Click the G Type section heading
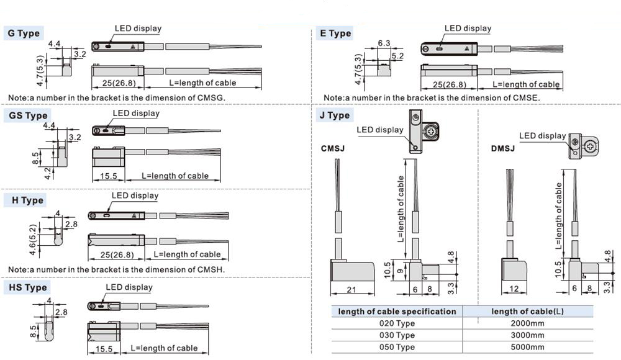[23, 34]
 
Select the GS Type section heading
[27, 115]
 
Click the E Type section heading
[335, 34]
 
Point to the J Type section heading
[335, 115]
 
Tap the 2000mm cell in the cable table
[527, 323]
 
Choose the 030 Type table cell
[397, 335]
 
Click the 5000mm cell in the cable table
[527, 347]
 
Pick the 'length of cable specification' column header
[397, 312]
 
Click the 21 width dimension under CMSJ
[351, 289]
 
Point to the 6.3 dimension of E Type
[383, 43]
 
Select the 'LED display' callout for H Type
[135, 196]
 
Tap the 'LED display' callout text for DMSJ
[542, 136]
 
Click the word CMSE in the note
[527, 98]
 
